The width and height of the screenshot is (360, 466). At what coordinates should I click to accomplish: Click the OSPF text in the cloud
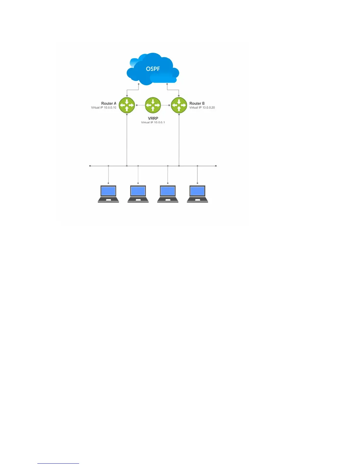click(153, 69)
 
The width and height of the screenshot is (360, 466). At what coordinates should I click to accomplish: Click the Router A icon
click(127, 105)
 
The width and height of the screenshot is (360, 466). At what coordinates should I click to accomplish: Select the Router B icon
click(179, 105)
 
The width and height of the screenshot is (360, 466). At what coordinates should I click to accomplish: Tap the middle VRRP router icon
click(153, 105)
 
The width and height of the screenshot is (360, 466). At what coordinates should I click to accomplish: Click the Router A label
click(109, 103)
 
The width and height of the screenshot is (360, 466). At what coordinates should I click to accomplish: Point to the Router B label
click(197, 103)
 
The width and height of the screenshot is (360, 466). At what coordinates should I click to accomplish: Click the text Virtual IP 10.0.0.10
click(104, 108)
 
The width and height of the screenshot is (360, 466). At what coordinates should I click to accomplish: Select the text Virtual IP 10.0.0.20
click(202, 108)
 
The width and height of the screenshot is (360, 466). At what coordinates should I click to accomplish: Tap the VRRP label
click(153, 118)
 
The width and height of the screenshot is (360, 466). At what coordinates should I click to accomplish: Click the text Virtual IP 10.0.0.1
click(153, 122)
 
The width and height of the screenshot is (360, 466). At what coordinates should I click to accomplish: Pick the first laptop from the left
click(108, 194)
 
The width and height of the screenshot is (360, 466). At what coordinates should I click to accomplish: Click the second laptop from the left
click(138, 194)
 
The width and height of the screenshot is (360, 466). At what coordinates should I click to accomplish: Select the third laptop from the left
click(168, 194)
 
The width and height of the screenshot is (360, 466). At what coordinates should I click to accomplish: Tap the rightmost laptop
click(197, 194)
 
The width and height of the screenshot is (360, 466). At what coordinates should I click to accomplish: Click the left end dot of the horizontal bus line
click(90, 166)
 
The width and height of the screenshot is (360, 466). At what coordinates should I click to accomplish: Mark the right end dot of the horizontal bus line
click(216, 166)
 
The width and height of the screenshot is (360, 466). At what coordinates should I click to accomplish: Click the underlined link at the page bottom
click(58, 463)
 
